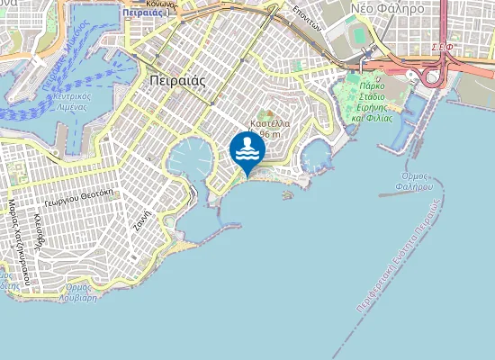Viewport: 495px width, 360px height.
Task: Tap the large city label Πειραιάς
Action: click(174, 79)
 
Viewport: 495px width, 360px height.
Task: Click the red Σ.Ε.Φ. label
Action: click(442, 46)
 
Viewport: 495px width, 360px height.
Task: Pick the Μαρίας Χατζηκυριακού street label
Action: click(15, 244)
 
